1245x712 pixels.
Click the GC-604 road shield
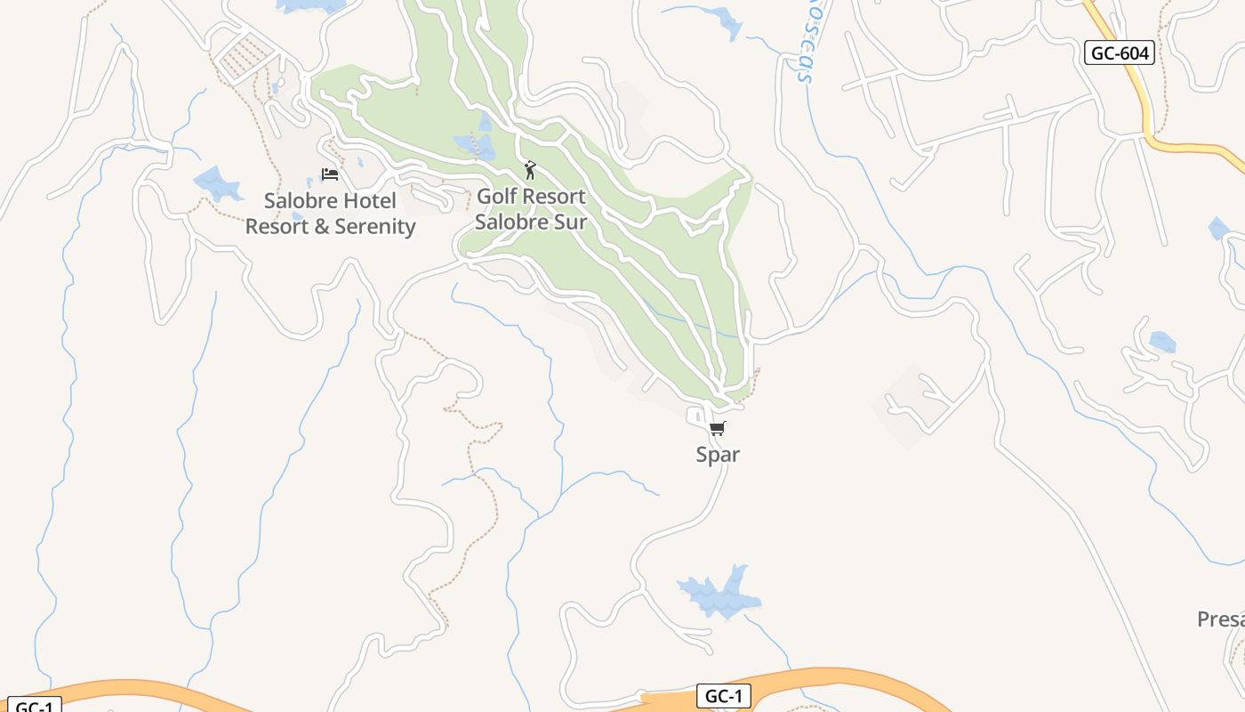pyautogui.click(x=1120, y=53)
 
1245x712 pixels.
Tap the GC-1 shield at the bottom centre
pyautogui.click(x=723, y=696)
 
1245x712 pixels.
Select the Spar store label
pyautogui.click(x=718, y=455)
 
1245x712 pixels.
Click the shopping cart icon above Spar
pyautogui.click(x=718, y=428)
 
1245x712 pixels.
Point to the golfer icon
pyautogui.click(x=531, y=169)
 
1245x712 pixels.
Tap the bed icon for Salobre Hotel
pyautogui.click(x=330, y=174)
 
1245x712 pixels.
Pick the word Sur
pyautogui.click(x=571, y=222)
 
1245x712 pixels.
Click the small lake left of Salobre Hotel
pyautogui.click(x=216, y=183)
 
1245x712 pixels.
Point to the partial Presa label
pyautogui.click(x=1221, y=619)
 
